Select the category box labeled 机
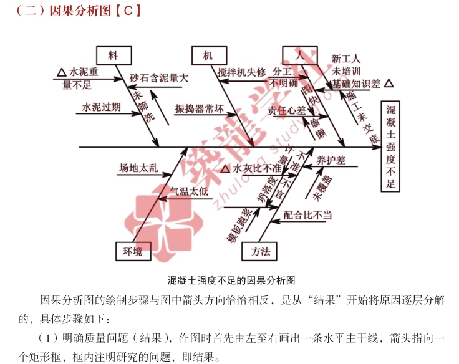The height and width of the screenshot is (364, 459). point(207,55)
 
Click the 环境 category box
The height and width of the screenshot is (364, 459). point(132,251)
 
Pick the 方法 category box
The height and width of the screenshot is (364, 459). point(261,251)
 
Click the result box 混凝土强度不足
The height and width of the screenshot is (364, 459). point(391,147)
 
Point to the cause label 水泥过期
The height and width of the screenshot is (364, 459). point(102,107)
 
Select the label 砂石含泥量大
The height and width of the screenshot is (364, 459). point(159,79)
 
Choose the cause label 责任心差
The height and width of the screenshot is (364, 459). point(287,110)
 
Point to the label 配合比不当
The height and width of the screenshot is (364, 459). point(307,215)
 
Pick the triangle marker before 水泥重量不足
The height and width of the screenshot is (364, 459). point(61,72)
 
